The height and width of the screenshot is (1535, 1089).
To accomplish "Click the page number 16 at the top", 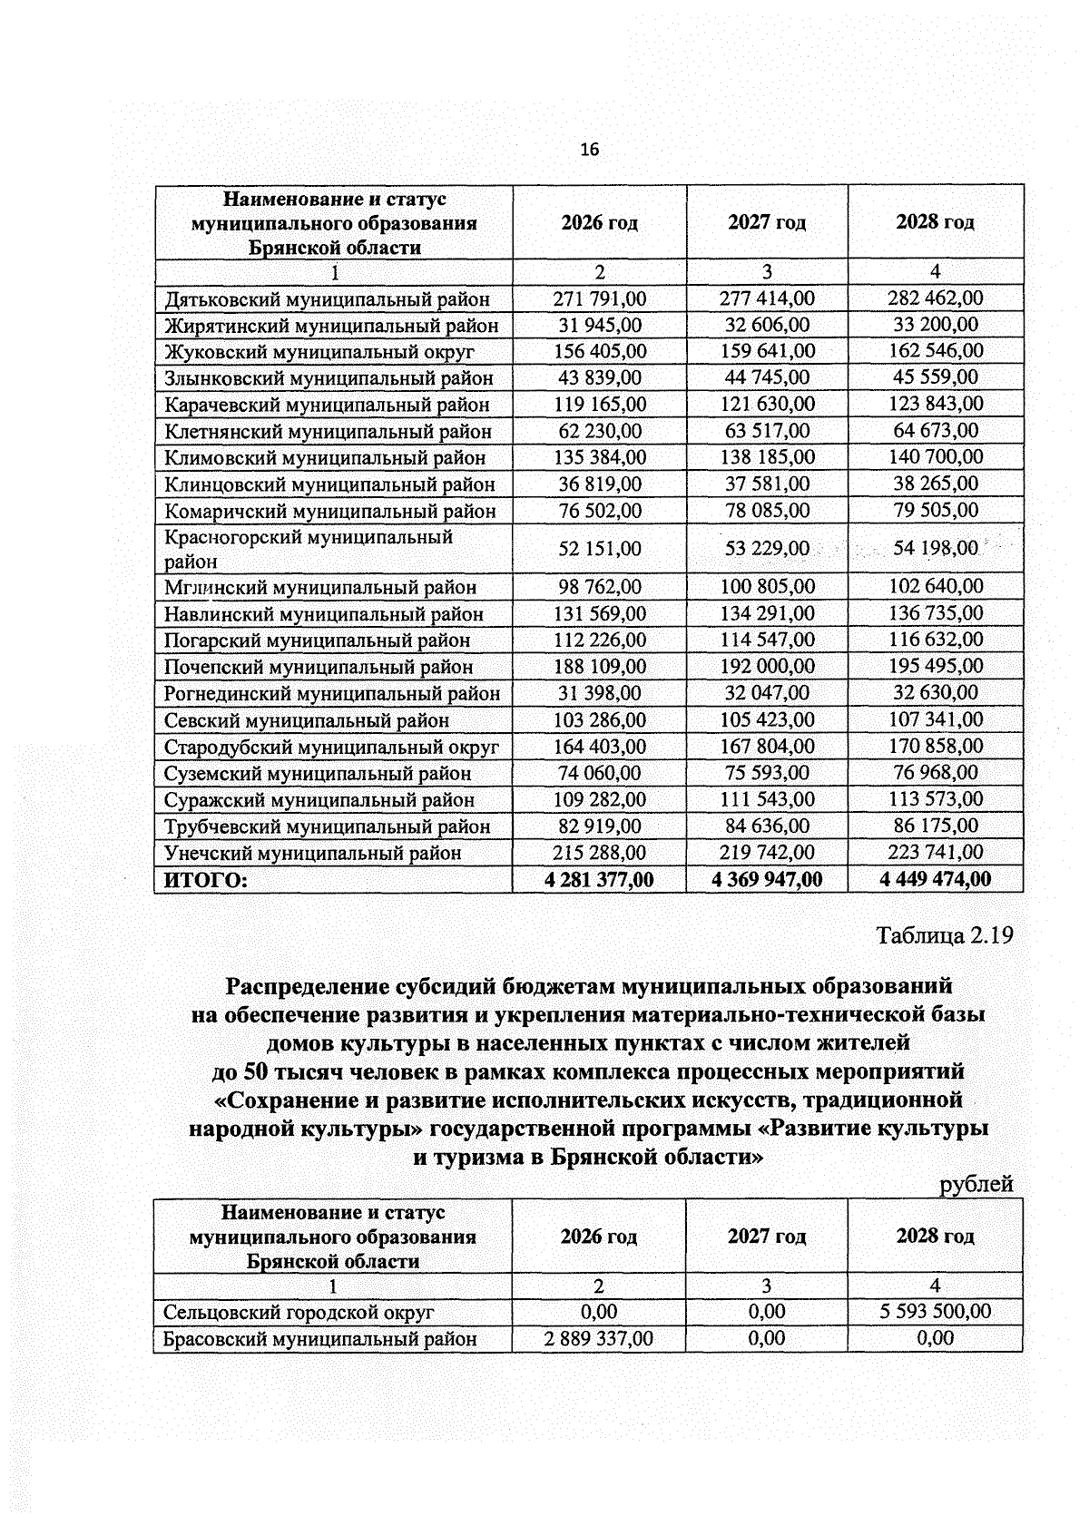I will coord(590,150).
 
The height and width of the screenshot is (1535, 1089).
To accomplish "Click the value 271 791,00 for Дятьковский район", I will coord(599,298).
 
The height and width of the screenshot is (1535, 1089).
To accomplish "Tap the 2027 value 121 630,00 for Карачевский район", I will coord(767,404).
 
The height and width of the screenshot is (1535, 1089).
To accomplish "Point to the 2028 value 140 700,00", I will coord(935,456).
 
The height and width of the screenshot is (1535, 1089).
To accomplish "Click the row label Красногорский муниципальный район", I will coord(309,549).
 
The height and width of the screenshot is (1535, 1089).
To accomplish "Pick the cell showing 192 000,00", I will coord(767,666).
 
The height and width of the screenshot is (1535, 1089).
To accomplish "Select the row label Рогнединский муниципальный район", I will coord(331,694).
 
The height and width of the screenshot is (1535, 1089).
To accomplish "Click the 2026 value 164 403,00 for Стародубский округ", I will coord(599,747).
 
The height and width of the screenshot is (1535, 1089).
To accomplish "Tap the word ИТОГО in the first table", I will coord(205,880).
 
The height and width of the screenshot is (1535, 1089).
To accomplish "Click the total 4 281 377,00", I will coord(599,879).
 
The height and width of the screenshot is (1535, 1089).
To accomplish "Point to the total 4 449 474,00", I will coord(935,879).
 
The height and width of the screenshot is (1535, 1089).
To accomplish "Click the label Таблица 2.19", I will coord(944,935).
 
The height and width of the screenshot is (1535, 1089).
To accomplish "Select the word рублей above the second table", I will coord(976,1184).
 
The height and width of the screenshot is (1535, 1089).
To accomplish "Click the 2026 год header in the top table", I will coord(599,222).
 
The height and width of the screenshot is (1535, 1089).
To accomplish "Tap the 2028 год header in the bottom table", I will coord(935,1236).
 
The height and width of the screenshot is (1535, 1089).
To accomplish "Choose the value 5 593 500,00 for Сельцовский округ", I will coord(935,1312).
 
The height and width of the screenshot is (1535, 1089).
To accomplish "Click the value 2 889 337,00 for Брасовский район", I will coord(599,1338).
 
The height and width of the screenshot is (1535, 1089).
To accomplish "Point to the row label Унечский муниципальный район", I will coord(312,854).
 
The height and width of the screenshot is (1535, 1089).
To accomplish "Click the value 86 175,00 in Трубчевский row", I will coord(935,826).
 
